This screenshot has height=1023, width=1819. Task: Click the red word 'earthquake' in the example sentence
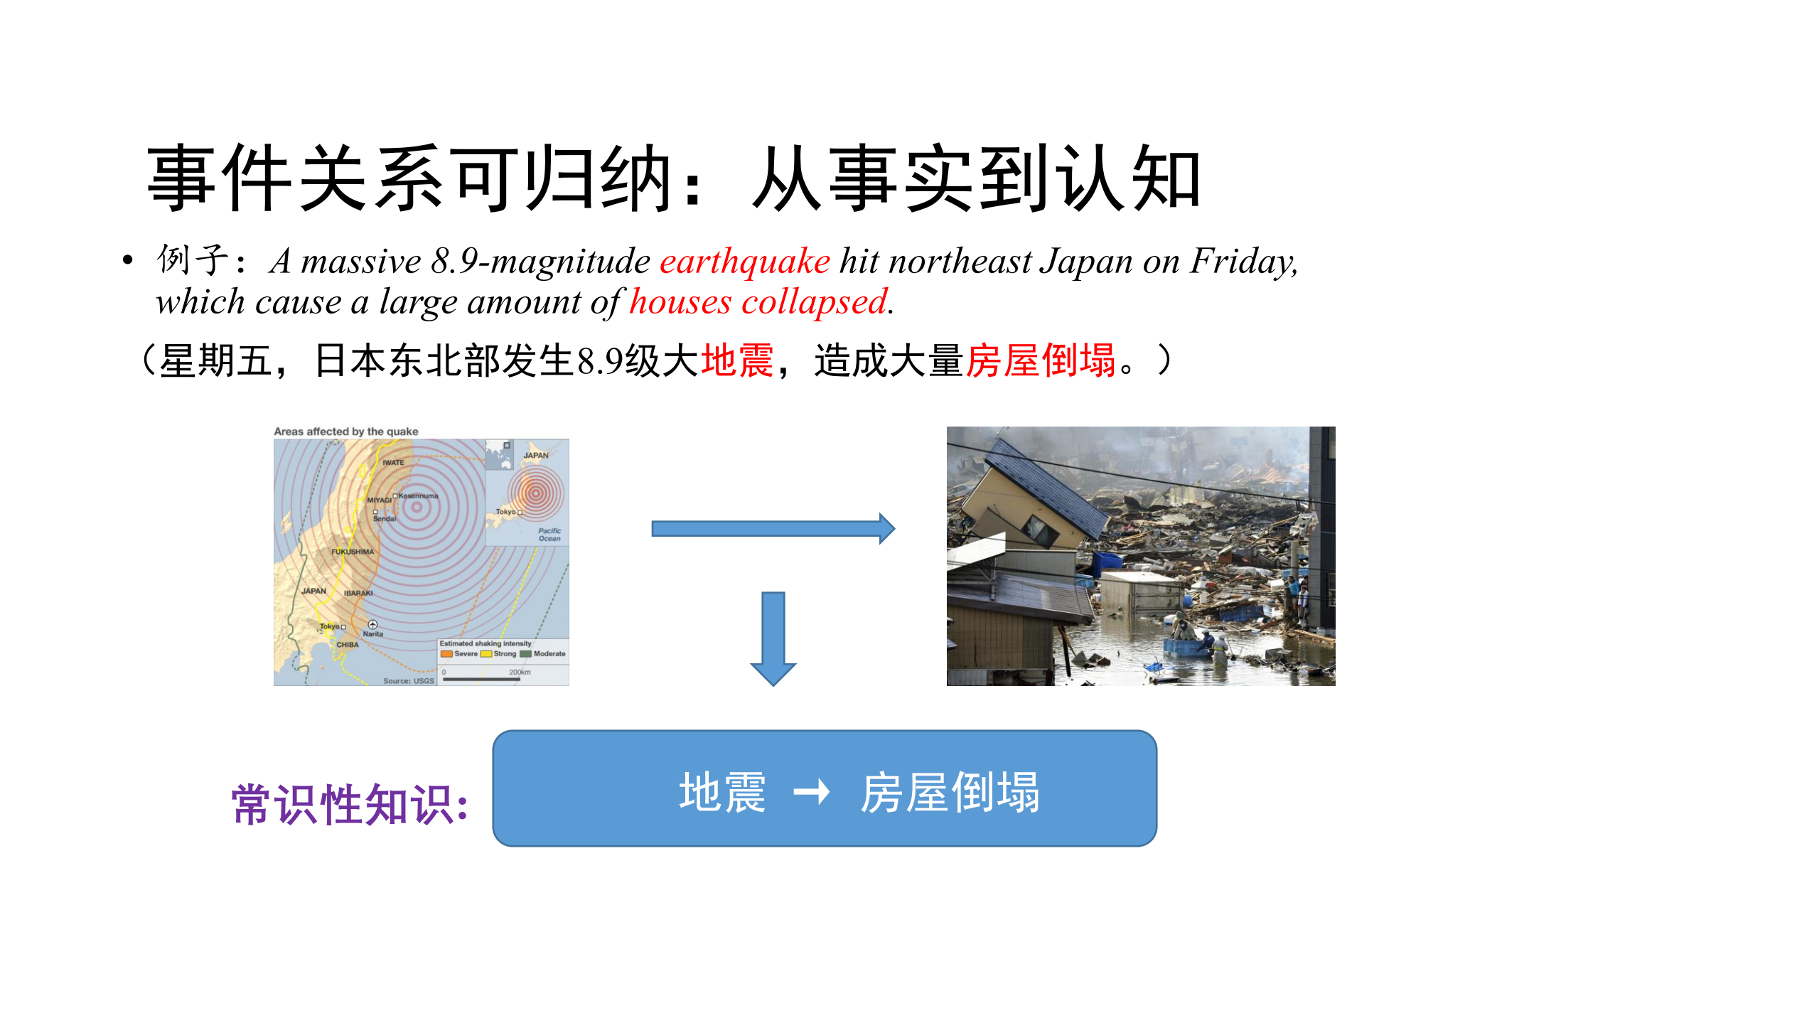click(x=744, y=261)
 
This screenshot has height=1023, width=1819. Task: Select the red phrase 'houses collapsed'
click(x=758, y=302)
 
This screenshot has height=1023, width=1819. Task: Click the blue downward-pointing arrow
click(x=773, y=638)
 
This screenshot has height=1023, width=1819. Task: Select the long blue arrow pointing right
click(x=773, y=528)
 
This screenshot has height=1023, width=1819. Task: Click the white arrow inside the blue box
click(x=811, y=791)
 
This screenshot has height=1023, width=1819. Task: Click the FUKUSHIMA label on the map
click(x=352, y=552)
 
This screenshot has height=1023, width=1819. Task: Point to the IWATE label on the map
click(x=393, y=463)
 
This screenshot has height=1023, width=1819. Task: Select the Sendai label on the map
click(x=385, y=519)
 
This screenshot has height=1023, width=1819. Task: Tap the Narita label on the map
click(x=373, y=633)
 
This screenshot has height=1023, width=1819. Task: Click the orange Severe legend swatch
click(x=446, y=654)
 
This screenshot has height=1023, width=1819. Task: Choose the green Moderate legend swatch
click(x=525, y=654)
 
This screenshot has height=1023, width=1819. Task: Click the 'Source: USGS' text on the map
click(x=408, y=681)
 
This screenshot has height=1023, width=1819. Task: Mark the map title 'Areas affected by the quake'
click(x=346, y=432)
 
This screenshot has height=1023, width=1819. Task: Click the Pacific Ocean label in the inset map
click(x=549, y=535)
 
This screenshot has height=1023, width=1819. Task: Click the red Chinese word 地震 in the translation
click(x=736, y=360)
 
